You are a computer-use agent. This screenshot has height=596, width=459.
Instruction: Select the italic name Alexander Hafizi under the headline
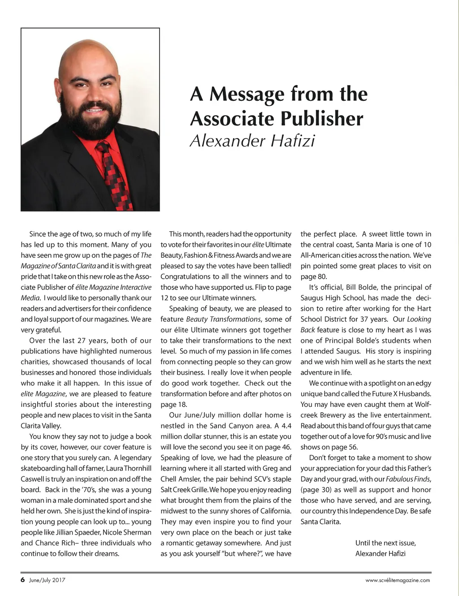tap(252, 141)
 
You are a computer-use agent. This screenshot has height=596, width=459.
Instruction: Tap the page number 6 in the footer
tap(22, 580)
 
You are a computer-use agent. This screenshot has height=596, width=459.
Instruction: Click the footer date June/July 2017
tap(47, 580)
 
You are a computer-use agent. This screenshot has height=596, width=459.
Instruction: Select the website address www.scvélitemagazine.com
tap(398, 580)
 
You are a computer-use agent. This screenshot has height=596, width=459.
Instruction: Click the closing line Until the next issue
tap(385, 543)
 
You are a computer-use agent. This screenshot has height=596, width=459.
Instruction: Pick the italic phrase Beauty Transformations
tap(223, 320)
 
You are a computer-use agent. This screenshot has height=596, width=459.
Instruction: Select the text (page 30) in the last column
tap(316, 490)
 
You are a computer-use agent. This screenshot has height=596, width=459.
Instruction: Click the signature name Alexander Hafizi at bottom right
tap(380, 554)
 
